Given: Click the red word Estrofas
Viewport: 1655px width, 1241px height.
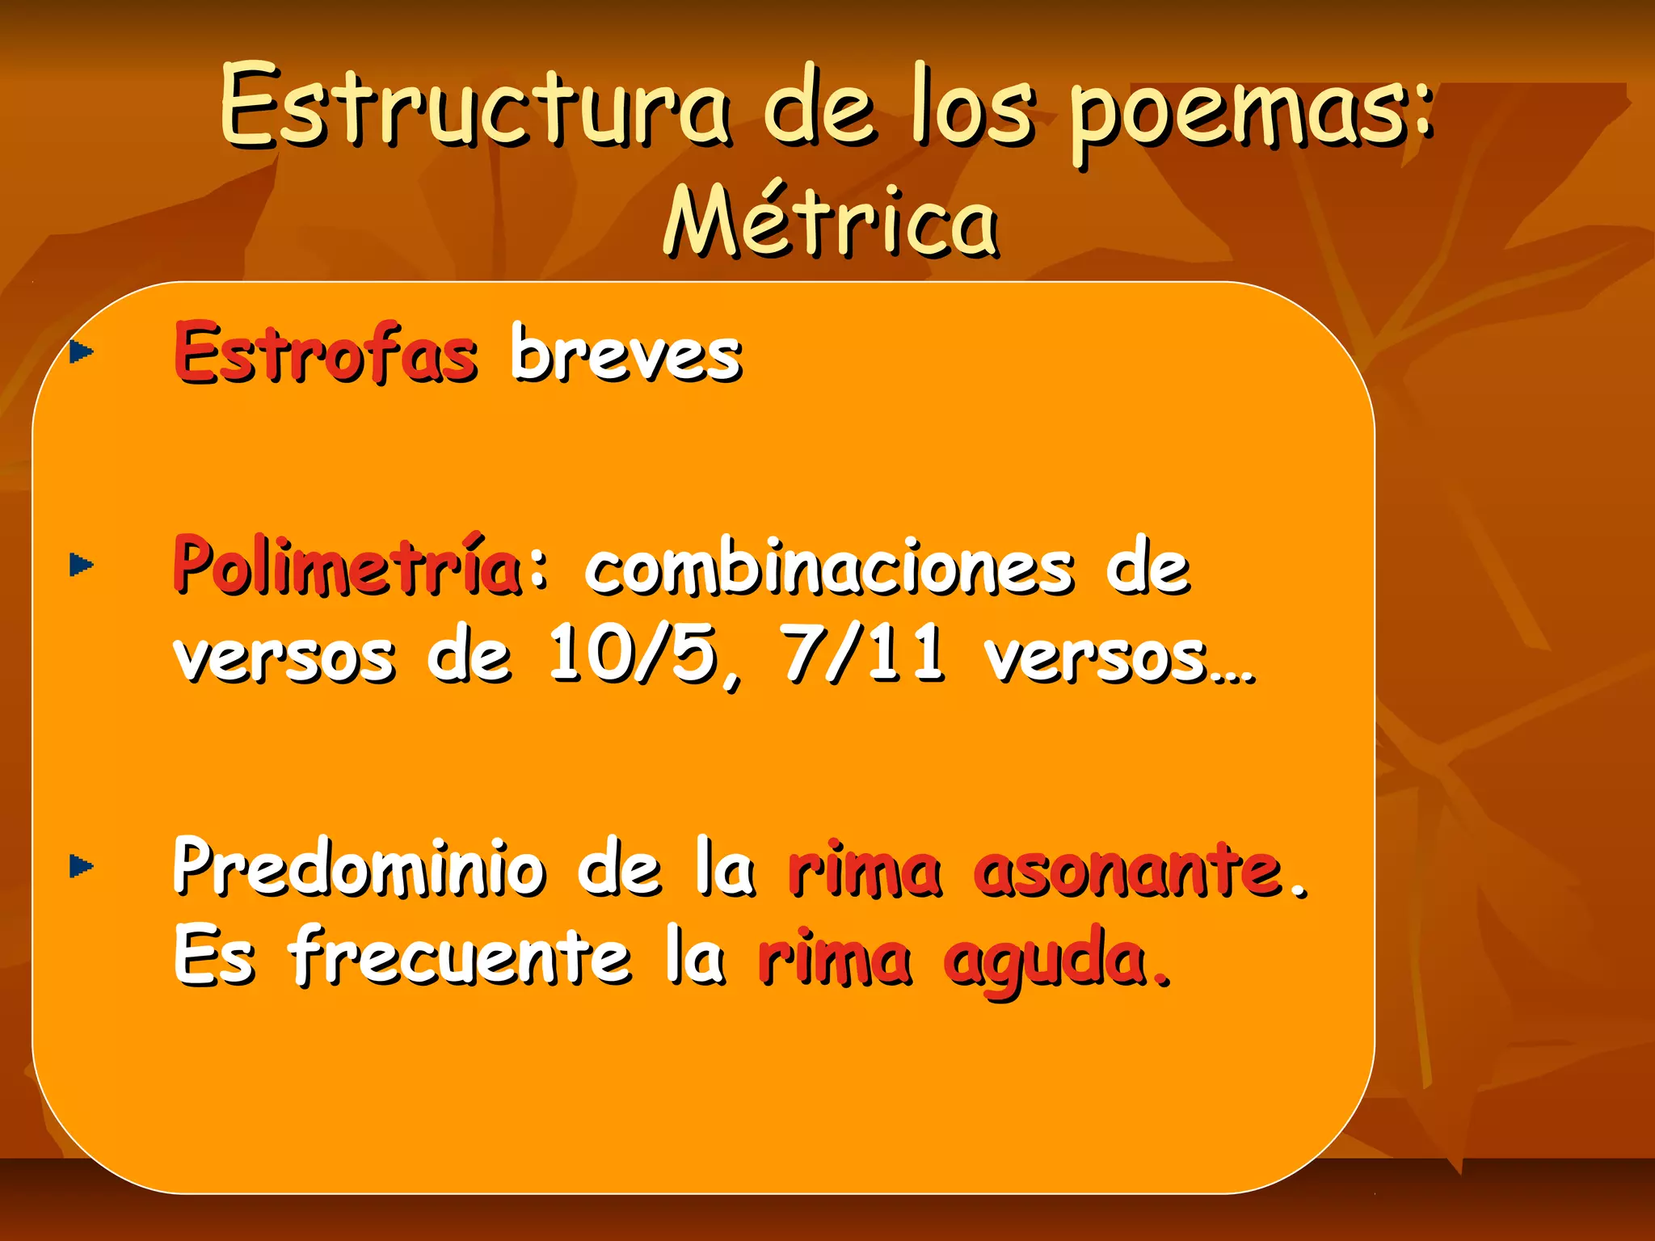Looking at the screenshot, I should pos(326,353).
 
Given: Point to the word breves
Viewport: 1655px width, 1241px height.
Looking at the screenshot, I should pos(626,353).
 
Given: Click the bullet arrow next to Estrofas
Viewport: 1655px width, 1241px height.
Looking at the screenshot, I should pos(82,352).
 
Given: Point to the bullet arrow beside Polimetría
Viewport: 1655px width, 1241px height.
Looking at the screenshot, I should pos(82,565).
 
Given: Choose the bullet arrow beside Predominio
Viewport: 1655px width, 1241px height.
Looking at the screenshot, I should pos(82,867).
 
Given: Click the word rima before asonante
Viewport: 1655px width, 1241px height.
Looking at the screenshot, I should pos(865,871).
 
